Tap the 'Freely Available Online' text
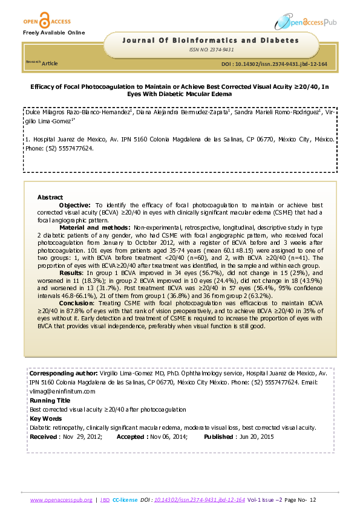(54, 32)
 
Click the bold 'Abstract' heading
(50, 198)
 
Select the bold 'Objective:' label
(75, 206)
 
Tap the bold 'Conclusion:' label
(77, 302)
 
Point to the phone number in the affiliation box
(77, 148)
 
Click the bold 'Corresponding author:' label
(59, 374)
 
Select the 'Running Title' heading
(49, 400)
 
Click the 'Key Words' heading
(45, 418)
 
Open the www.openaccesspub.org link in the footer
(61, 500)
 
